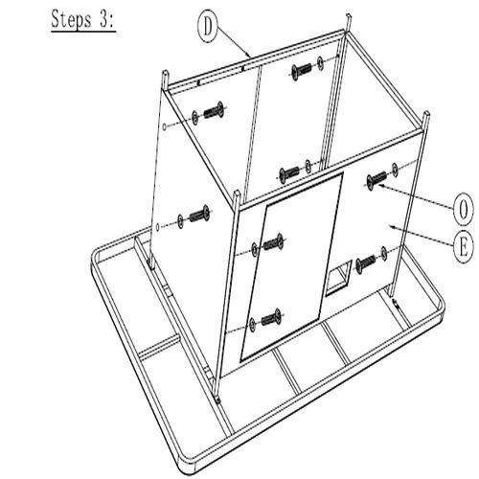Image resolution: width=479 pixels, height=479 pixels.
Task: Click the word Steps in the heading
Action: point(71,20)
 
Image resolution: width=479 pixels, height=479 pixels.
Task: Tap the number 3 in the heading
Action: point(103,20)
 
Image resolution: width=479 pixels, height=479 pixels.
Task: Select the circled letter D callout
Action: point(208,27)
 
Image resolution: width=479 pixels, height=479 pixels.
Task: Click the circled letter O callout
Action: point(464,211)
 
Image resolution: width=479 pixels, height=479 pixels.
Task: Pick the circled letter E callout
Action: point(464,247)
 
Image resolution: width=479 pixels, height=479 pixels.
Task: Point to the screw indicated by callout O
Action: point(376,180)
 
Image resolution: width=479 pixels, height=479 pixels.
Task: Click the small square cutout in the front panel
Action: point(338,277)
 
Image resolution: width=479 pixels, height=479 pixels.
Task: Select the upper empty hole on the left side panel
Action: point(164,126)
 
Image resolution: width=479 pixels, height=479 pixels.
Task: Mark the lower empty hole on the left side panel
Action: point(157,227)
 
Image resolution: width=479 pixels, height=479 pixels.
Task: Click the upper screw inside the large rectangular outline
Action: point(274,243)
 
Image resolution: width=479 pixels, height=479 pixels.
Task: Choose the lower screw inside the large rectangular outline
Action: point(272,318)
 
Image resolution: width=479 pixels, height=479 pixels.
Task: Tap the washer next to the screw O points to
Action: point(395,170)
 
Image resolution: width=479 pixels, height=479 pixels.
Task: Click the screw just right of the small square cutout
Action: point(366,263)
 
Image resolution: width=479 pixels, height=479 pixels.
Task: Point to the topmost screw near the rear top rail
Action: point(302,70)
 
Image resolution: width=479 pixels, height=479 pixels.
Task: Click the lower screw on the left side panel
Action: point(199,214)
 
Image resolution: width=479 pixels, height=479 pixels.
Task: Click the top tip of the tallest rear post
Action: point(349,15)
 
